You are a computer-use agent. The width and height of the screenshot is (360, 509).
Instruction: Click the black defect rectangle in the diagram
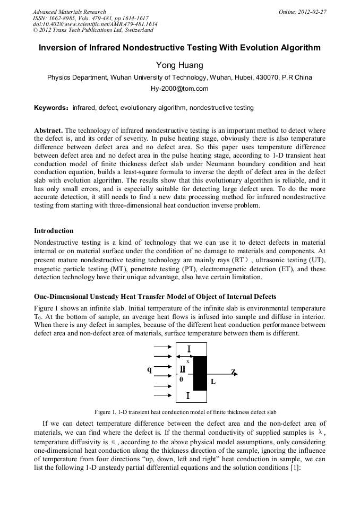click(x=200, y=373)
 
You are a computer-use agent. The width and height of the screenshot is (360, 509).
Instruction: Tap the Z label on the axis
click(x=233, y=371)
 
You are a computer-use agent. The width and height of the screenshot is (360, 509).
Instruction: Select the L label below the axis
click(x=213, y=381)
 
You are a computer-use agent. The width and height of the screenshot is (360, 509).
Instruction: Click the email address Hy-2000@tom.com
click(x=179, y=89)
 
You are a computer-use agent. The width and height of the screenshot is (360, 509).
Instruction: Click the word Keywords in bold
click(x=49, y=108)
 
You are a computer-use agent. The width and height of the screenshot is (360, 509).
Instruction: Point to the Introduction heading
click(x=54, y=231)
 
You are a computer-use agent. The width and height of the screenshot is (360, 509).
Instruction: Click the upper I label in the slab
click(x=189, y=349)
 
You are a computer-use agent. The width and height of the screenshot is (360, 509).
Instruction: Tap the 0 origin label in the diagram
click(x=181, y=379)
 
